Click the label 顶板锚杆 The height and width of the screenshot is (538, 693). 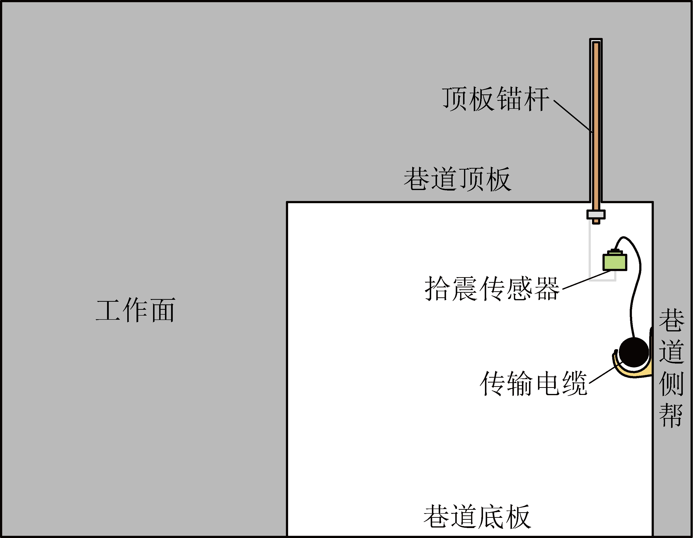coord(496,99)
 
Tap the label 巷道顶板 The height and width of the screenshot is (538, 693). coord(457,179)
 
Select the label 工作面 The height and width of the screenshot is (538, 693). coord(136,310)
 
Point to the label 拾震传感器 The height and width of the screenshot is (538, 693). coord(492,288)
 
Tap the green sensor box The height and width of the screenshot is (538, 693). coord(615,262)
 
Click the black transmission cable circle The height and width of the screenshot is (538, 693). coord(634,352)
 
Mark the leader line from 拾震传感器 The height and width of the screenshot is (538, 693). coord(586,280)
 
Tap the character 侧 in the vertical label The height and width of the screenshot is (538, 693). coord(671,383)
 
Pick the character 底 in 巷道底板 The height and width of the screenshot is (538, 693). coord(491,517)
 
